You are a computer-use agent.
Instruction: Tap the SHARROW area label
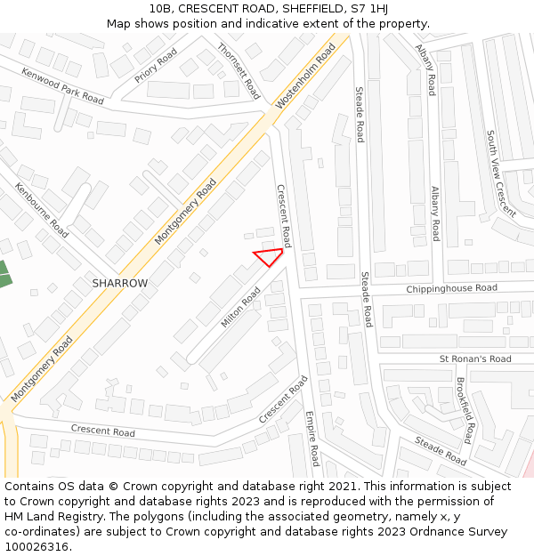click(x=119, y=283)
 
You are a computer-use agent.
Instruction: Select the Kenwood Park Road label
click(x=62, y=86)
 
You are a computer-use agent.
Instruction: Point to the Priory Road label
click(x=156, y=66)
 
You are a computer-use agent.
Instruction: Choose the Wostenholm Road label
click(x=305, y=77)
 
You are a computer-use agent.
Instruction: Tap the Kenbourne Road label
click(x=42, y=210)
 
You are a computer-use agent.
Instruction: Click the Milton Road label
click(x=240, y=306)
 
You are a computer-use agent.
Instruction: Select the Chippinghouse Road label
click(x=451, y=289)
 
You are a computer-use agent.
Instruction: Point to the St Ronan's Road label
click(x=475, y=359)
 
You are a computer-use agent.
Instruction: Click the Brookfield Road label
click(x=465, y=410)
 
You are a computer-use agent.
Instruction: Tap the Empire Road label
click(x=311, y=438)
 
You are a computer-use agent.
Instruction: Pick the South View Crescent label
click(x=500, y=173)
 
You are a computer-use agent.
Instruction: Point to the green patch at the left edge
click(x=4, y=274)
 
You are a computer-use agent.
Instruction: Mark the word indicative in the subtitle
click(x=264, y=24)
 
